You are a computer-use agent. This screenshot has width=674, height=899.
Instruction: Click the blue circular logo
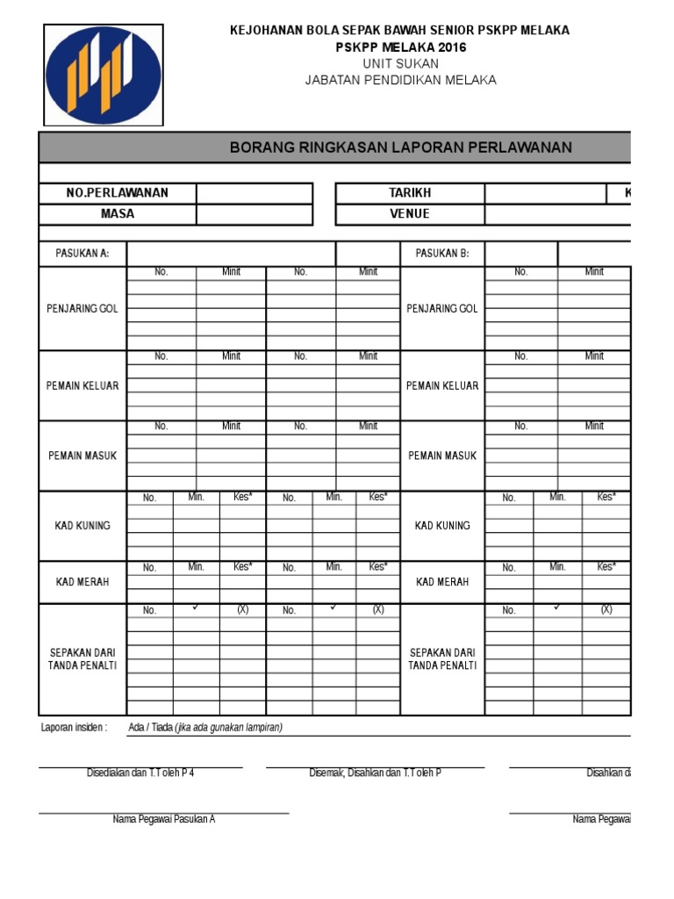(x=104, y=75)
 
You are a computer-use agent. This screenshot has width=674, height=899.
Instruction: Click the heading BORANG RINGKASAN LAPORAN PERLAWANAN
(x=400, y=147)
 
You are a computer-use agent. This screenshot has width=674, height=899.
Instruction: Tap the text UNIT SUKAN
(x=400, y=64)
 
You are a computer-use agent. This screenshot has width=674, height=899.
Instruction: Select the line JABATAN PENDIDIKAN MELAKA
(x=400, y=80)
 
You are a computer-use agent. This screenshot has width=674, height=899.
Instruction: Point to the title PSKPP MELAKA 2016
(x=400, y=47)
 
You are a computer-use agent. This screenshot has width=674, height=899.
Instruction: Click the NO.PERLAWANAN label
(x=118, y=193)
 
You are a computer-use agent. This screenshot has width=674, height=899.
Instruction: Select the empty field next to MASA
(x=255, y=214)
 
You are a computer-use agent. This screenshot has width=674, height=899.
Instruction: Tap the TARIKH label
(x=410, y=193)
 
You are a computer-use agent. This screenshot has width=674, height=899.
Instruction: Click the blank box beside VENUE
(x=557, y=214)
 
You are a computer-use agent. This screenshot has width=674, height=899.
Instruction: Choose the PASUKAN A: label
(x=82, y=254)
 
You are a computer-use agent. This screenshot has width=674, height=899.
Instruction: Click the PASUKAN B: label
(x=442, y=254)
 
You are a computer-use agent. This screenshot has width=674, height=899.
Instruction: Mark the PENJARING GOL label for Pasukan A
(x=82, y=309)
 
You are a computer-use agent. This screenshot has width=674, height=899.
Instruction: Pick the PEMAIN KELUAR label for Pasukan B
(x=442, y=385)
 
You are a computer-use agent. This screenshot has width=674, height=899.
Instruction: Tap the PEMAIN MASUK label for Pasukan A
(x=82, y=456)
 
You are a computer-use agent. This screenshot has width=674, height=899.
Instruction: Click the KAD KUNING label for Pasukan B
(x=442, y=526)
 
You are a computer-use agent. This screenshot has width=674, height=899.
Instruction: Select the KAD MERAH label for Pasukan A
(x=82, y=582)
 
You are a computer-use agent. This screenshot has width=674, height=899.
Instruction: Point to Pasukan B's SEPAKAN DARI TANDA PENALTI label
(x=442, y=659)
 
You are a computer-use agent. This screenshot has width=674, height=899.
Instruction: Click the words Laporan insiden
(x=75, y=727)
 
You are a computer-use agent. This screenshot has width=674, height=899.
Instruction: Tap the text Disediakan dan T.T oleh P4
(x=140, y=773)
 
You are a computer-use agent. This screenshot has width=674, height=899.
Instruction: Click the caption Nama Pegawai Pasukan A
(x=164, y=819)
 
